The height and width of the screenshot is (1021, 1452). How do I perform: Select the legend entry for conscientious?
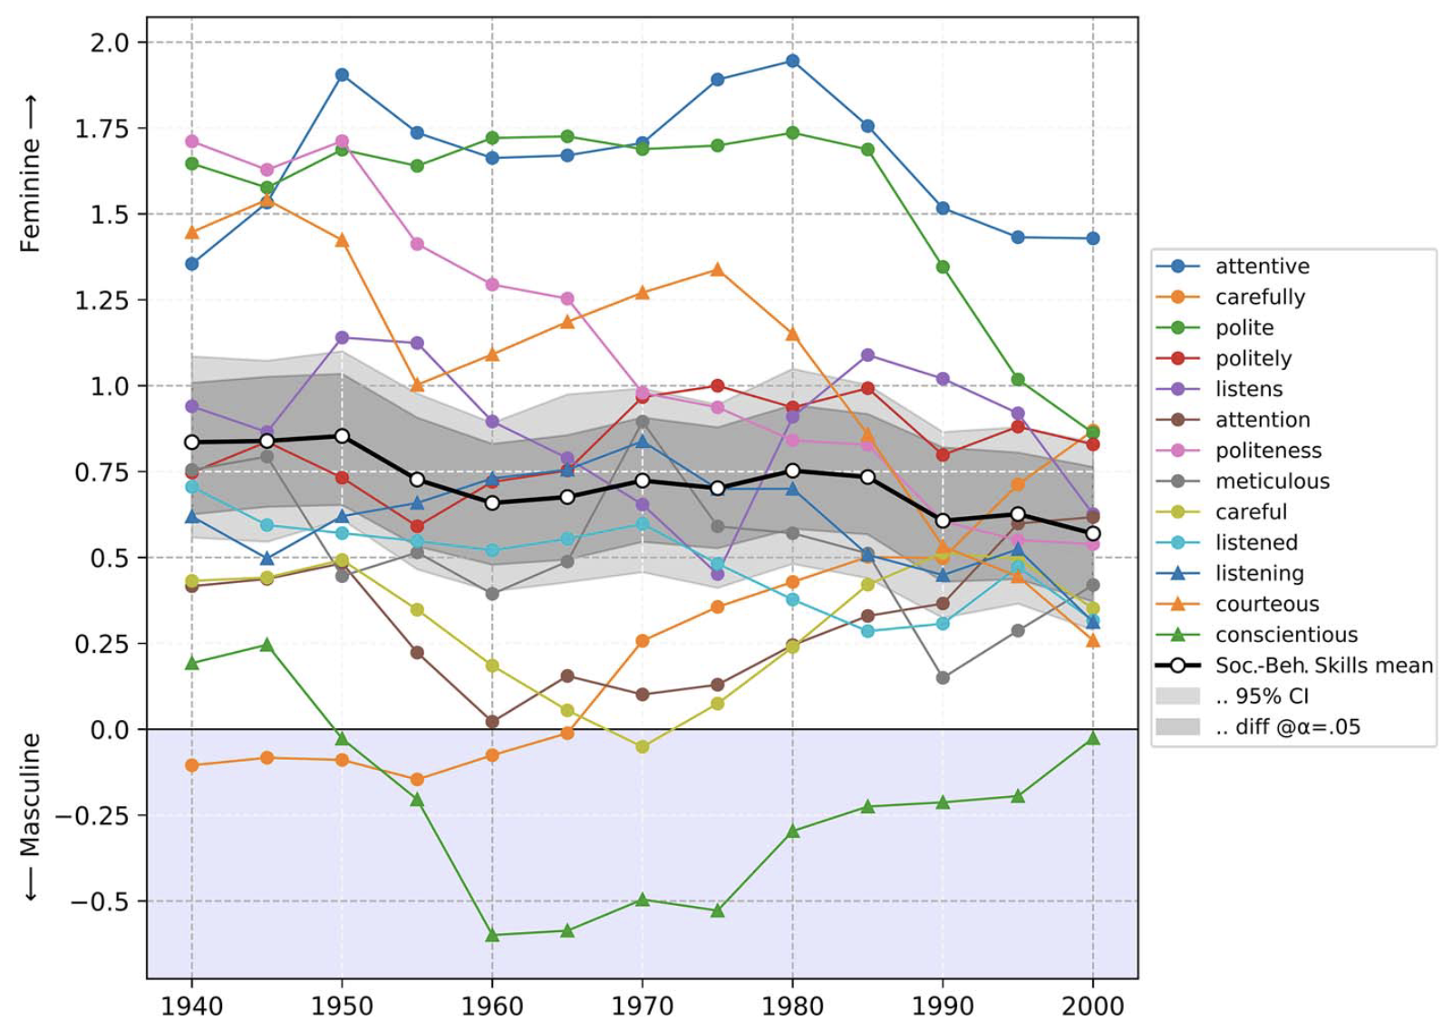coord(1286,635)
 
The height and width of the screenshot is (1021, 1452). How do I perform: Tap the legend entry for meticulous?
coord(1272,481)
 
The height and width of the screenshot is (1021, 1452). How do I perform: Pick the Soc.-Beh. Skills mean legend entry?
coord(1323,666)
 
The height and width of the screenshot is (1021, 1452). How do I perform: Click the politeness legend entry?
coord(1268,451)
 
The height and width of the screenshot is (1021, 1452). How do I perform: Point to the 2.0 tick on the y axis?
coord(110,43)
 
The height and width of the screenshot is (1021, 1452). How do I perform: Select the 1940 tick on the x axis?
coord(191,1006)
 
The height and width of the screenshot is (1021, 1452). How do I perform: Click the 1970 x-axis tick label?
coord(643,1006)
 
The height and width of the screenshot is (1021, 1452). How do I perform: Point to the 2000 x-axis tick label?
coord(1093,1006)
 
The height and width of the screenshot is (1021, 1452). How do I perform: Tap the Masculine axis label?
coord(31,816)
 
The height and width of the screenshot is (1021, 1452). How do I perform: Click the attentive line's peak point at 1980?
coord(793,62)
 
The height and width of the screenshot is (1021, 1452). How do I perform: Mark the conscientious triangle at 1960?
coord(492,935)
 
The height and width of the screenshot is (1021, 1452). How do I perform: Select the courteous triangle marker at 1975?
coord(718,269)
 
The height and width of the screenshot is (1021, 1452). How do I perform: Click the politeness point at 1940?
coord(191,141)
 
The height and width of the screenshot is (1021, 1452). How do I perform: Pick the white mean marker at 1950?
coord(342,436)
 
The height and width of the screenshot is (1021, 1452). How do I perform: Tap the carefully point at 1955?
coord(417,779)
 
